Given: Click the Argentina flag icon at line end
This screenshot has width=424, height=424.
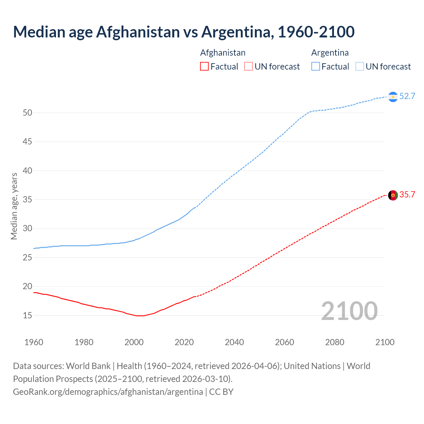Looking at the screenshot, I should coord(393,97).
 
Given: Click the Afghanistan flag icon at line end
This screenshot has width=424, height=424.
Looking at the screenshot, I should coord(393,195).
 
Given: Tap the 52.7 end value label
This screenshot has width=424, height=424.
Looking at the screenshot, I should coord(407,96).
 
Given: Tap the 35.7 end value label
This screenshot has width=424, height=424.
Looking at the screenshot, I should coord(407,195).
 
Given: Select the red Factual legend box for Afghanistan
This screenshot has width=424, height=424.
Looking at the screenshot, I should coord(204,67).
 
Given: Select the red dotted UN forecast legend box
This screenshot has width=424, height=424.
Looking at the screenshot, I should coord(248,67).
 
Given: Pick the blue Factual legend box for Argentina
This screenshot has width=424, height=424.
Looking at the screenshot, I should coord(316,67).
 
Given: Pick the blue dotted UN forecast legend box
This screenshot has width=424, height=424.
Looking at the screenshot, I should coord(360,67).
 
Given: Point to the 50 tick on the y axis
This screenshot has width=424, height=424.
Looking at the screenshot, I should coord(27,113).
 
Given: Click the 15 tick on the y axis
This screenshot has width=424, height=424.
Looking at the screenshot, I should coord(27,316).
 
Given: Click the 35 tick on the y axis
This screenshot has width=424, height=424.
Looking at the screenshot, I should coord(27,200).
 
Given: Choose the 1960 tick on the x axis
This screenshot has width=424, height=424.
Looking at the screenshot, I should coord(34,342).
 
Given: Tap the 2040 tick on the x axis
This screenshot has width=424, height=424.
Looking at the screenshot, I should coord(234,342).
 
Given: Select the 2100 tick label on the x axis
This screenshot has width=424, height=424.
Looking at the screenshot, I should coord(385,342).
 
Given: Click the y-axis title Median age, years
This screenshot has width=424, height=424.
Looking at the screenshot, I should coord(14,206).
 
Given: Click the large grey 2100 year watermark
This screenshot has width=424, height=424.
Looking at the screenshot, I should coord(349,311).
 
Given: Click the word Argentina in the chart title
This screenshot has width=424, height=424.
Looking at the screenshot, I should coord(237,32).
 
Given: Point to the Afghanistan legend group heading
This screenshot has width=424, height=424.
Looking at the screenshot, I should coord(223,53).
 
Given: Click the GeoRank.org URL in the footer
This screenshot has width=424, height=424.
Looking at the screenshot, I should coord(108,392).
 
